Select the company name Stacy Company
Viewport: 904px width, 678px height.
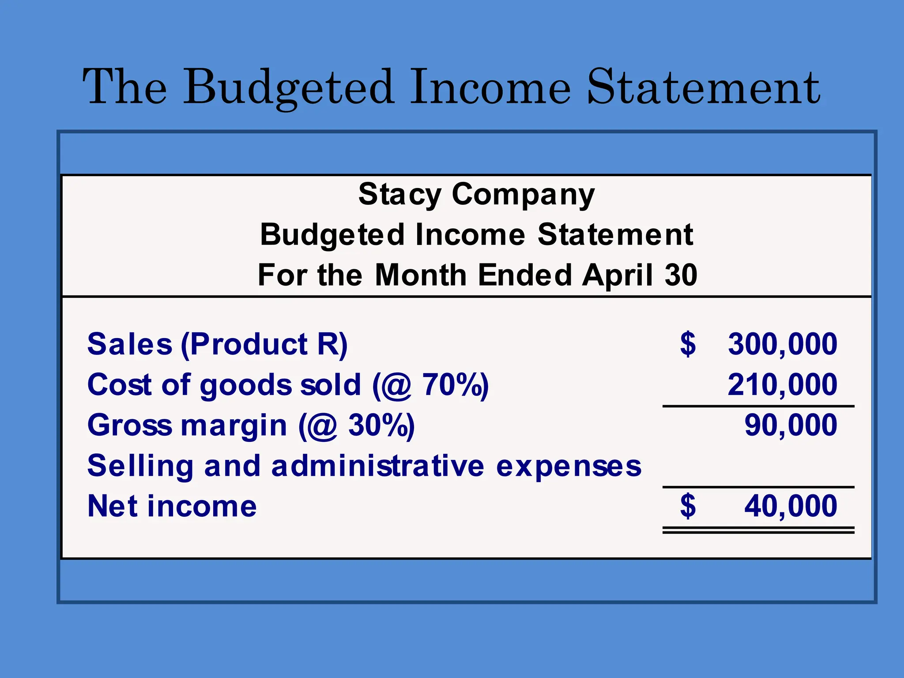[x=476, y=194]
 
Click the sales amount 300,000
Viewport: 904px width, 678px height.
[x=782, y=344]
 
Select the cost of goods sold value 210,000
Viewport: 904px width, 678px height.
[x=782, y=384]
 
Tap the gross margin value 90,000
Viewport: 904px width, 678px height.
[x=791, y=425]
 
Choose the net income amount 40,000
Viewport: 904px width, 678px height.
[x=791, y=506]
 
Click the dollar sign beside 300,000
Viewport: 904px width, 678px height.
[x=688, y=344]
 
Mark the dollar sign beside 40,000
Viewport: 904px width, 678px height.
[x=688, y=506]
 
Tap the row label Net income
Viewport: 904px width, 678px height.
[x=172, y=506]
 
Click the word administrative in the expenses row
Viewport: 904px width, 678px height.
[x=378, y=466]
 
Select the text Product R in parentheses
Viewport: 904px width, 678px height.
[x=264, y=344]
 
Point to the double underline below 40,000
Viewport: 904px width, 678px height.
[x=758, y=530]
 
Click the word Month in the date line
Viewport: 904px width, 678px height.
[x=421, y=275]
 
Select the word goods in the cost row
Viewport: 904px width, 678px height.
[x=245, y=384]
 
